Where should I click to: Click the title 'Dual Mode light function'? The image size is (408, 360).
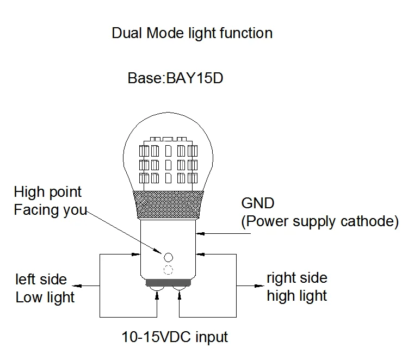[192, 34]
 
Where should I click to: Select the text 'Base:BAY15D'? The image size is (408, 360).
[175, 78]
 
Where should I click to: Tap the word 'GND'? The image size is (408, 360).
[258, 203]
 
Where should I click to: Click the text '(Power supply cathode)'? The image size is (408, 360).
[320, 222]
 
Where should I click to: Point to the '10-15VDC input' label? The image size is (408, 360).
[175, 337]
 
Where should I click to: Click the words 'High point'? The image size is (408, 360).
[48, 193]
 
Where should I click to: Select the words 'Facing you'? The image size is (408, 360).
[50, 210]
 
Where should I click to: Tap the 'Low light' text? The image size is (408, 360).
[45, 297]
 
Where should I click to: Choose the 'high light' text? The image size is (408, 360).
[297, 296]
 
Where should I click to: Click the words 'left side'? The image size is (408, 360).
[41, 280]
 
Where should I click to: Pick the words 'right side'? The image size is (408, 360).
[297, 278]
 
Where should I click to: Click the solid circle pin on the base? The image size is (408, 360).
[168, 257]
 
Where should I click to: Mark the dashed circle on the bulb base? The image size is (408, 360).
[168, 270]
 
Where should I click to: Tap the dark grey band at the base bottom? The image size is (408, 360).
[168, 282]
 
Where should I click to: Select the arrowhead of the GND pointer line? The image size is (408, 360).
[200, 234]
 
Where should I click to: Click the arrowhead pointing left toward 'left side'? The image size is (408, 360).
[77, 286]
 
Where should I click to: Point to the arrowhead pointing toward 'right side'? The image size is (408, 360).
[259, 286]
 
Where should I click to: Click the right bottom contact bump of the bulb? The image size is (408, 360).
[180, 288]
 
